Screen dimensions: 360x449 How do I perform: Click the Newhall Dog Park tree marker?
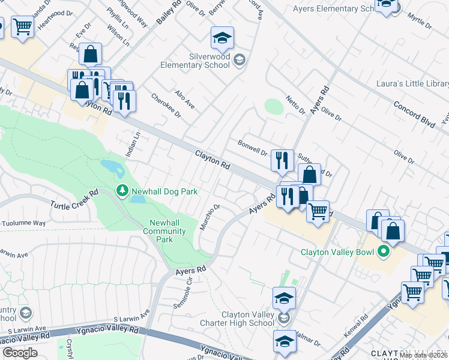(122, 190)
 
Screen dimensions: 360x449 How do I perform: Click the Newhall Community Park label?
(167, 231)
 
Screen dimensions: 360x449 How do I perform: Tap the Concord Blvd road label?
(414, 113)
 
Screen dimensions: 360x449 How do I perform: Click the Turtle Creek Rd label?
(74, 200)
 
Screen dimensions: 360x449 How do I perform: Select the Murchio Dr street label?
(210, 220)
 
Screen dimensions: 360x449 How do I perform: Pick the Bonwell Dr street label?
(252, 148)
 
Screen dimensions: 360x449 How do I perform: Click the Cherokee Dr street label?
(164, 106)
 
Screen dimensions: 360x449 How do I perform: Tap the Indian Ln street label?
(133, 145)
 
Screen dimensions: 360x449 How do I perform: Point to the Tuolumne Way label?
(23, 223)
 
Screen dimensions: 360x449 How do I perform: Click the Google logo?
(20, 353)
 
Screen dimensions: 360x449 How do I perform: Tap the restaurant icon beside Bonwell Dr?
(282, 161)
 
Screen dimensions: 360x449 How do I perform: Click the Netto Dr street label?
(295, 104)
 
